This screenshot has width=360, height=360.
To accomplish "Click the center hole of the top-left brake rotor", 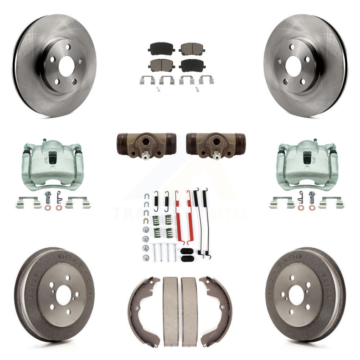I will pyautogui.click(x=66, y=66).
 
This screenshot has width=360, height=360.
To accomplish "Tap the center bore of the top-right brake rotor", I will pyautogui.click(x=293, y=66).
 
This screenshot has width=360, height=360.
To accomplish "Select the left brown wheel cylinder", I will pyautogui.click(x=146, y=144).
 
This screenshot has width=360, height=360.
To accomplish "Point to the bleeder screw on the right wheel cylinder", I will pyautogui.click(x=216, y=156).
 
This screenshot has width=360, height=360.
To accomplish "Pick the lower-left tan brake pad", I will pyautogui.click(x=161, y=65).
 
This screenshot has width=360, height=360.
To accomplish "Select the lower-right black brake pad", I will pyautogui.click(x=192, y=65).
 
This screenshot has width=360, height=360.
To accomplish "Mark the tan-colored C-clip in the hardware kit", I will pyautogui.click(x=146, y=220).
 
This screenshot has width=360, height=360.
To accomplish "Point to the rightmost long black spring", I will pyautogui.click(x=206, y=223).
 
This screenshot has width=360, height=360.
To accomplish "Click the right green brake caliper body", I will pyautogui.click(x=307, y=166).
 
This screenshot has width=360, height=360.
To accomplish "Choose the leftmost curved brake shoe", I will pyautogui.click(x=142, y=310).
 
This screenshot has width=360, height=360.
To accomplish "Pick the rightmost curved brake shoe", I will pyautogui.click(x=218, y=310).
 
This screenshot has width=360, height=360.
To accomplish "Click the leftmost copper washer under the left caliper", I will pyautogui.click(x=48, y=208).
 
